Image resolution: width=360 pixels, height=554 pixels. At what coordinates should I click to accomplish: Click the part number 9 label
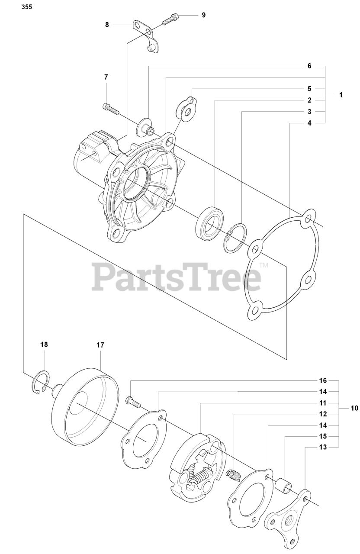(203, 15)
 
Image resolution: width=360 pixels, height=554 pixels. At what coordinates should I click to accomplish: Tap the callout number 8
(107, 25)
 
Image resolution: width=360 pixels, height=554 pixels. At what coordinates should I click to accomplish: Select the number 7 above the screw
(106, 77)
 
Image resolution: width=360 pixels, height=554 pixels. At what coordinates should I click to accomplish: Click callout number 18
(44, 345)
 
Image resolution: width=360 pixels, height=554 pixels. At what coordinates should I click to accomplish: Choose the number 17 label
(100, 345)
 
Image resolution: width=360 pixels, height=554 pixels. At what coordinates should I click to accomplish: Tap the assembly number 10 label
(354, 408)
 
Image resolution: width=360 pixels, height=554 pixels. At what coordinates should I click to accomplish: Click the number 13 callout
(323, 447)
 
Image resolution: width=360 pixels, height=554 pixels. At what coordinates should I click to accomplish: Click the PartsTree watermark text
(176, 277)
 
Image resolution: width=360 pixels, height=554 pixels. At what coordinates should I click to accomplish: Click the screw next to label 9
(170, 19)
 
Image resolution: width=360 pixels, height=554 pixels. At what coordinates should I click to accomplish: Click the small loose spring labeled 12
(233, 475)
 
